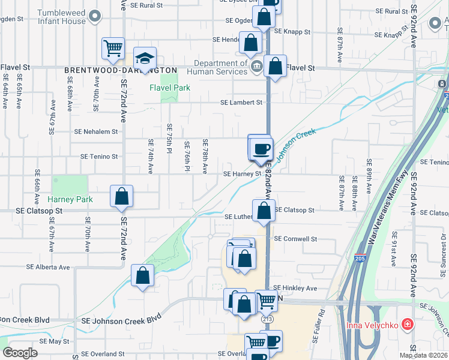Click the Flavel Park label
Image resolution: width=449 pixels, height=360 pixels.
pyautogui.click(x=170, y=88)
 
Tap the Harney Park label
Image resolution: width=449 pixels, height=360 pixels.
pyautogui.click(x=70, y=199)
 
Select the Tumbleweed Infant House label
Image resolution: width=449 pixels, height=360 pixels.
pyautogui.click(x=61, y=17)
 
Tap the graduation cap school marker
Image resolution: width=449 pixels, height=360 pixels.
pyautogui.click(x=144, y=58)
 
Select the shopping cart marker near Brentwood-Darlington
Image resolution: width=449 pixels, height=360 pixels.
pyautogui.click(x=113, y=48)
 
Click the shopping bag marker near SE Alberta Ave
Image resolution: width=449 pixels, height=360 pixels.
pyautogui.click(x=143, y=276)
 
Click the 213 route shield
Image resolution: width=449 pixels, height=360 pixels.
pyautogui.click(x=267, y=319)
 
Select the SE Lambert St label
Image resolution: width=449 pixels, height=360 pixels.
pyautogui.click(x=241, y=103)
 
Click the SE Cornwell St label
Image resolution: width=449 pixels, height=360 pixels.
pyautogui.click(x=295, y=238)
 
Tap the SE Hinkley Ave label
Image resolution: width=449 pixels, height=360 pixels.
pyautogui.click(x=295, y=288)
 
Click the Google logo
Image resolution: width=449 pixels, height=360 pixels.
pyautogui.click(x=21, y=353)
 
